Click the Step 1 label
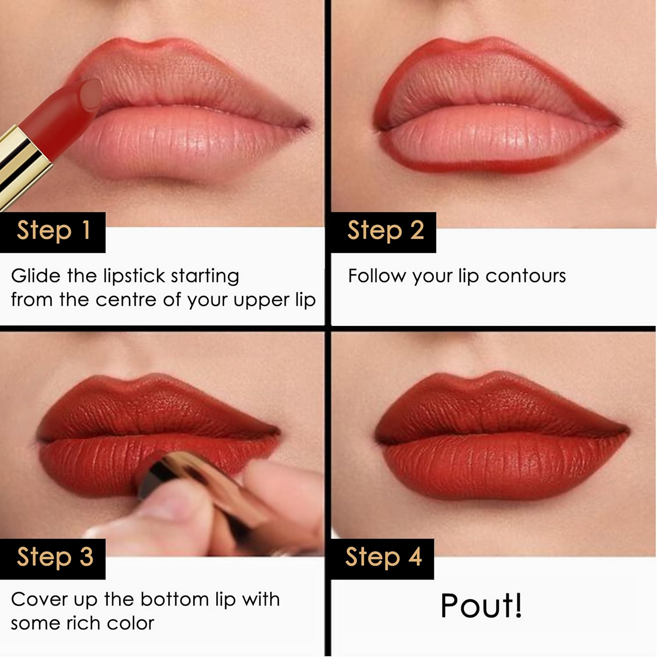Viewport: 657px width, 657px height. (53, 231)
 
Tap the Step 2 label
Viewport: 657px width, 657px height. (385, 231)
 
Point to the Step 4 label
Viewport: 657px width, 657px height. (383, 558)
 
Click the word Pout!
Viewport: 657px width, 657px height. (481, 606)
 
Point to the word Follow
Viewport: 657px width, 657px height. (377, 276)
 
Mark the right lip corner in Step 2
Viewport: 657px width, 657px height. (619, 123)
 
